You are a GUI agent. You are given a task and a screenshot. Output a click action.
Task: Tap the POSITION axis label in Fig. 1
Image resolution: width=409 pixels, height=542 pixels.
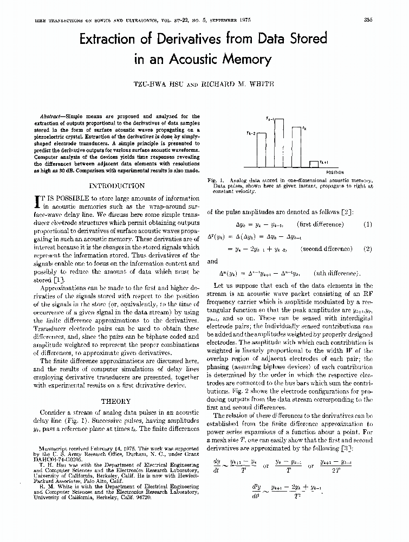tap(334, 173)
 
